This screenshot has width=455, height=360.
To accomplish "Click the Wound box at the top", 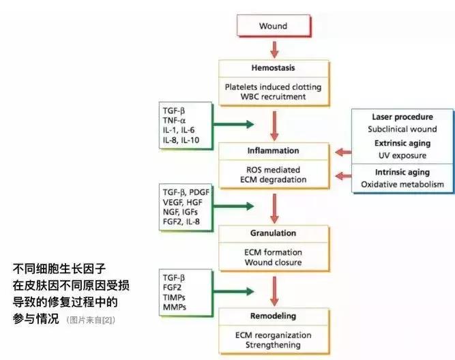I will coord(273,27).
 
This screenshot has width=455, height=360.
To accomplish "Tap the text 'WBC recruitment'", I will coord(273,97).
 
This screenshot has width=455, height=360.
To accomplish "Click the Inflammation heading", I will coord(273,150).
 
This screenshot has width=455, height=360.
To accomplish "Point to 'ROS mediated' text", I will coord(273,170).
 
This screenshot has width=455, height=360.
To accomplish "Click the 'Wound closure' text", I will coord(273,262).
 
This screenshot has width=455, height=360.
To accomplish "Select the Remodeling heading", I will coord(273,317).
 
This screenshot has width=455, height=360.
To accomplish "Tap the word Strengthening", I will coord(273,345).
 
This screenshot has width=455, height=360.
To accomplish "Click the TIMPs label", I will coord(174,297).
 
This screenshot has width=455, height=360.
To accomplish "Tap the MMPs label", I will coord(175,307).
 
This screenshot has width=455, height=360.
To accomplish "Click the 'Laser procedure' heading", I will coord(402,117).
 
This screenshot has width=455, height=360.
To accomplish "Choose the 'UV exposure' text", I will coord(402,156).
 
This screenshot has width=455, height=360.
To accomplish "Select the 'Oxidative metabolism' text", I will coord(402,184).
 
